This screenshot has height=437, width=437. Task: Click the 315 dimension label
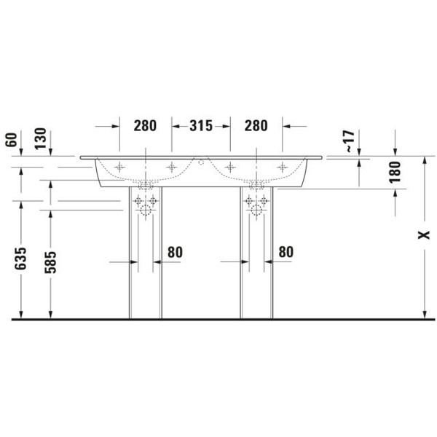[201, 126]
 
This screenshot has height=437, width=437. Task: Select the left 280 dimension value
[145, 126]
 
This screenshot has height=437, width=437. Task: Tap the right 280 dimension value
[256, 126]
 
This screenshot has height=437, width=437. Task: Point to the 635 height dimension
[20, 259]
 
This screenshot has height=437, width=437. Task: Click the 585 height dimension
[50, 262]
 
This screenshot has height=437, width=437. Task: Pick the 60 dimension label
[11, 140]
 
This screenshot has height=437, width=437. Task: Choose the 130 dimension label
[40, 138]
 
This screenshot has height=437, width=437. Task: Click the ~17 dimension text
[350, 141]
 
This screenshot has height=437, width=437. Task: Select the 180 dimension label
[395, 172]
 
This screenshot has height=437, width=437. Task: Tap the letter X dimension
[424, 235]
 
